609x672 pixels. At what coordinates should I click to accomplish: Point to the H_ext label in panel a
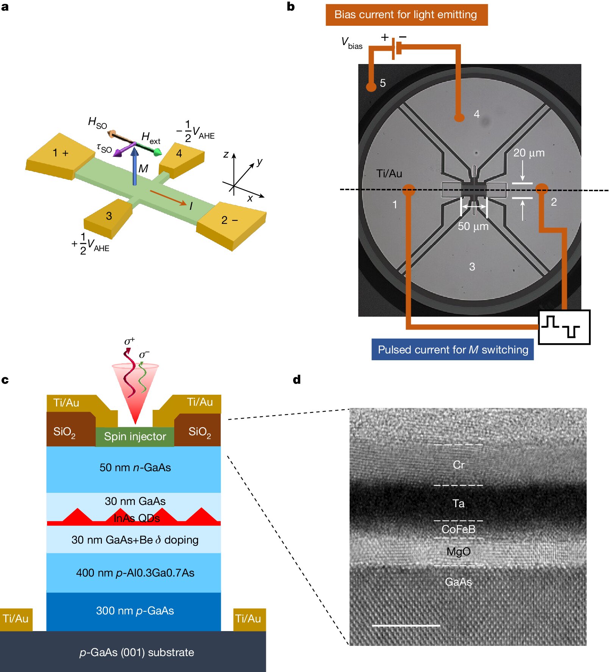pyautogui.click(x=151, y=138)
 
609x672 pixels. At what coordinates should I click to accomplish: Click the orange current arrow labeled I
pyautogui.click(x=168, y=198)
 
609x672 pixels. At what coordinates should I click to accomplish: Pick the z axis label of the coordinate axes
pyautogui.click(x=226, y=154)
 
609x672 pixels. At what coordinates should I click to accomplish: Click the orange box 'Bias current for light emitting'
pyautogui.click(x=406, y=15)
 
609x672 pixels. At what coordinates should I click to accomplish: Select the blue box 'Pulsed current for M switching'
pyautogui.click(x=453, y=349)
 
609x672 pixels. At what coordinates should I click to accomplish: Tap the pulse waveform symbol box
pyautogui.click(x=564, y=327)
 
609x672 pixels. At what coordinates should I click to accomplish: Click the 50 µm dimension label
pyautogui.click(x=473, y=227)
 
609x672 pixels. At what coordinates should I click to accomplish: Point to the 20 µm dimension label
pyautogui.click(x=529, y=153)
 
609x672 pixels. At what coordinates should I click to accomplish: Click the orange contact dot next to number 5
pyautogui.click(x=371, y=86)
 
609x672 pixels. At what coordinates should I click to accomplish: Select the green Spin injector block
pyautogui.click(x=135, y=437)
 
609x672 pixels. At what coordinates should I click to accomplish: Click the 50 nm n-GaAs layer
pyautogui.click(x=135, y=468)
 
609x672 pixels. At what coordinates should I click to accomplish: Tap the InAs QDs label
pyautogui.click(x=137, y=518)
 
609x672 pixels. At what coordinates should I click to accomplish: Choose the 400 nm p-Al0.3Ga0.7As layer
pyautogui.click(x=135, y=573)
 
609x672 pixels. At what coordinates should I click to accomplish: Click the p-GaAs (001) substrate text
pyautogui.click(x=136, y=652)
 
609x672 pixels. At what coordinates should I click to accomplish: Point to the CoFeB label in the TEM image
pyautogui.click(x=458, y=529)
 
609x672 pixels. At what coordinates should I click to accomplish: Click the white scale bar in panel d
pyautogui.click(x=406, y=626)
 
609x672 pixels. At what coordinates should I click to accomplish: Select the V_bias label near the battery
pyautogui.click(x=351, y=43)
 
